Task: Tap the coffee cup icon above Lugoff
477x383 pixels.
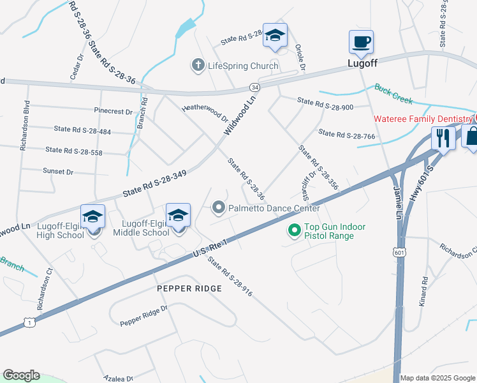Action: click(x=361, y=42)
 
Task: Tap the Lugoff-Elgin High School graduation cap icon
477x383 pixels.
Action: click(x=93, y=216)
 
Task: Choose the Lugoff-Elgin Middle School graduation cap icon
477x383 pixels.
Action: click(x=178, y=214)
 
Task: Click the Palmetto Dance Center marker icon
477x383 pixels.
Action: click(x=219, y=207)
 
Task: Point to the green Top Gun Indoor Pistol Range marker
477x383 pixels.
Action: click(x=295, y=229)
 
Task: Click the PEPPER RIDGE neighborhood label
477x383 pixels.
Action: click(x=189, y=289)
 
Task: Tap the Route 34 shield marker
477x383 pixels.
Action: click(x=254, y=87)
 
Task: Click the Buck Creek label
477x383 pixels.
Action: click(x=393, y=94)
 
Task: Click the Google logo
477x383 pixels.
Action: click(x=21, y=375)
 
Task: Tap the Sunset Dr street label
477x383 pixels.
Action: click(x=58, y=172)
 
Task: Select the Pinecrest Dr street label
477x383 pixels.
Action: click(x=113, y=111)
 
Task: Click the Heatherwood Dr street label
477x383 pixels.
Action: click(x=205, y=113)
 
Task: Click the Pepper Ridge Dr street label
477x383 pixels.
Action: click(x=143, y=316)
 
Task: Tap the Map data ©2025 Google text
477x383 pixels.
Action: click(x=437, y=378)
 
